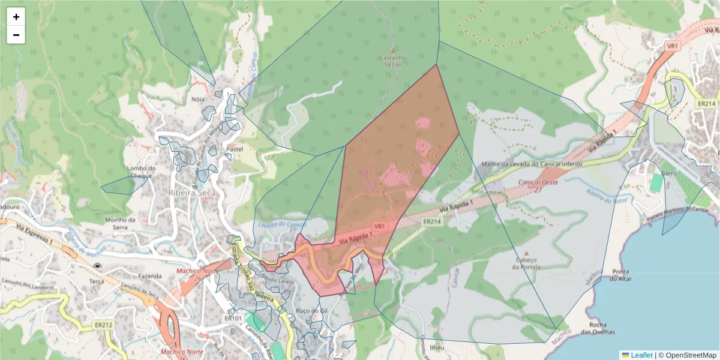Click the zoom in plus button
click(16, 17)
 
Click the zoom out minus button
click(16, 35)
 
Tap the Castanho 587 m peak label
click(393, 61)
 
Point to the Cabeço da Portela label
click(526, 263)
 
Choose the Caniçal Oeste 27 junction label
click(538, 185)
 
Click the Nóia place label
click(197, 100)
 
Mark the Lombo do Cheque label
click(142, 172)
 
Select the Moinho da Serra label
click(121, 223)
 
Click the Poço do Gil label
click(311, 311)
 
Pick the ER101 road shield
click(233, 318)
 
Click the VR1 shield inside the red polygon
click(379, 226)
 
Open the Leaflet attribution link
click(641, 355)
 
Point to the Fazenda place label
click(150, 276)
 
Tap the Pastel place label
click(235, 148)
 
